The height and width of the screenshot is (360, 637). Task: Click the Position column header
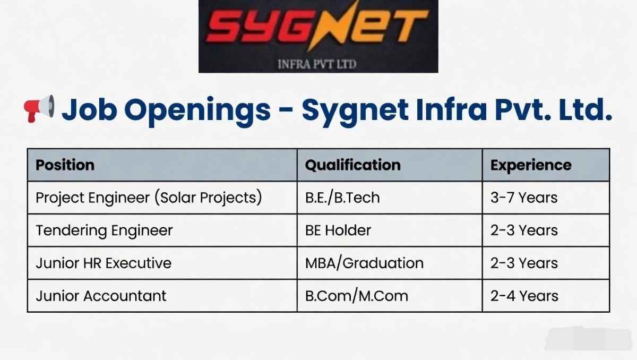pos(65,165)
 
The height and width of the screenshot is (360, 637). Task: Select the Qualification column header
pos(352,165)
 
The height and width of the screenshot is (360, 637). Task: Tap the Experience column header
pos(531,165)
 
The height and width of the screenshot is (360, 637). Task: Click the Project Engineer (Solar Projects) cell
pos(149,198)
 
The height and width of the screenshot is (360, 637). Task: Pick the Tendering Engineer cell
pos(104,230)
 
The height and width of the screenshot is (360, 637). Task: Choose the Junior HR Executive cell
pos(104,263)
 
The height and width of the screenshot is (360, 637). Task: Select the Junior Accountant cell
pos(101,296)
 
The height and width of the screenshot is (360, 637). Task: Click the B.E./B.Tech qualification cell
pos(342,198)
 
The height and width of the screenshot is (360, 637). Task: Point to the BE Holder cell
pos(338,230)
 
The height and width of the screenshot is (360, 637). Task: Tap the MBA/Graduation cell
pos(364,263)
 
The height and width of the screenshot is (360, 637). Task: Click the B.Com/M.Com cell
pos(356,296)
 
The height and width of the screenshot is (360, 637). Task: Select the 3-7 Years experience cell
pos(524,198)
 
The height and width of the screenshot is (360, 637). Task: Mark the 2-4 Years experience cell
pos(524,296)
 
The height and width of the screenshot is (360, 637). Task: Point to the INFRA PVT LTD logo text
pos(317,64)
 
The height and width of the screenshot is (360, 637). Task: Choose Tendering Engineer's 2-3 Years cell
pos(524,230)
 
